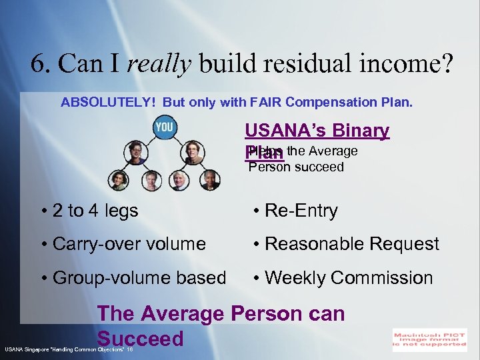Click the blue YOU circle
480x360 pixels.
pos(164,127)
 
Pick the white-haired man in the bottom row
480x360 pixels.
pos(179,179)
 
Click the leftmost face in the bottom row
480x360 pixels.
pos(119,179)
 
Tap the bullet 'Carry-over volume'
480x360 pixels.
pos(128,244)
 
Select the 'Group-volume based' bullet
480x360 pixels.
pos(139,277)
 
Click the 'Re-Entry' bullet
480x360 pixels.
pos(301,211)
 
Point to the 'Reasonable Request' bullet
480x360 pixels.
pos(351,244)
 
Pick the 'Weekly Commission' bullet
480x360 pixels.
pos(348,277)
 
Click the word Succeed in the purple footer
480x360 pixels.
pos(140,338)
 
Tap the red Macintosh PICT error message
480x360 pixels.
pos(429,338)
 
